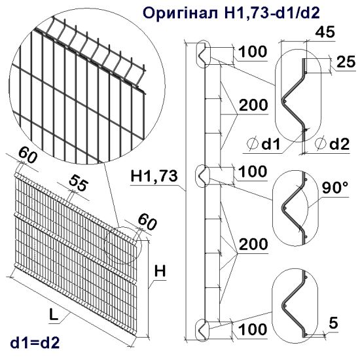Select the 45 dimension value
(321, 31)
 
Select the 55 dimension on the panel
(77, 185)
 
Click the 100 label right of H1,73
(252, 172)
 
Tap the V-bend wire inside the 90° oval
(293, 207)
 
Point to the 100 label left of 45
(252, 51)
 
